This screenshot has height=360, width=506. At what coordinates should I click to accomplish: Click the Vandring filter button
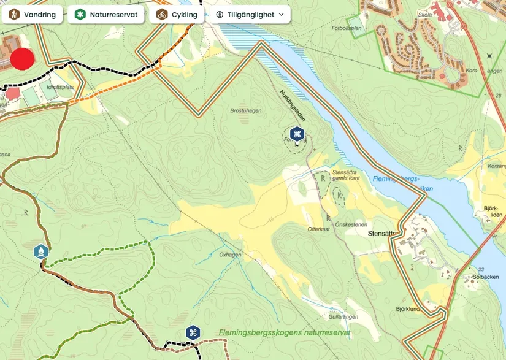click(x=32, y=14)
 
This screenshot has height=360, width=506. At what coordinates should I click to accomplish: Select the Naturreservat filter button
click(x=106, y=14)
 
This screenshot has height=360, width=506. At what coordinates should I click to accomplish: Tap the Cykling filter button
click(x=177, y=14)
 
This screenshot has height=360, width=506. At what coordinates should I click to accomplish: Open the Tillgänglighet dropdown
click(x=250, y=14)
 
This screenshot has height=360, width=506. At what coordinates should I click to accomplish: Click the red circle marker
click(x=23, y=59)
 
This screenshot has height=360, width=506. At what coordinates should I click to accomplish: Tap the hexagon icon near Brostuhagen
click(x=297, y=134)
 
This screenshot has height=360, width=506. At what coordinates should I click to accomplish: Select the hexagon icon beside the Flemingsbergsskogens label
click(x=193, y=333)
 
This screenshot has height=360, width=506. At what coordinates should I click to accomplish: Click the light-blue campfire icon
click(x=40, y=251)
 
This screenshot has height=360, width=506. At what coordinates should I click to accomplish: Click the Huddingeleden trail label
click(x=292, y=104)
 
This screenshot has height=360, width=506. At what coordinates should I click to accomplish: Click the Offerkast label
click(x=319, y=229)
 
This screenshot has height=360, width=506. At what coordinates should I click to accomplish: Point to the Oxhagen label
click(x=230, y=255)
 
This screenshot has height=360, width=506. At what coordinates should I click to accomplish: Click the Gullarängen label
click(x=342, y=317)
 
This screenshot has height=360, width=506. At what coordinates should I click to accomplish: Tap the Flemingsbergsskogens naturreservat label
click(x=284, y=333)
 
